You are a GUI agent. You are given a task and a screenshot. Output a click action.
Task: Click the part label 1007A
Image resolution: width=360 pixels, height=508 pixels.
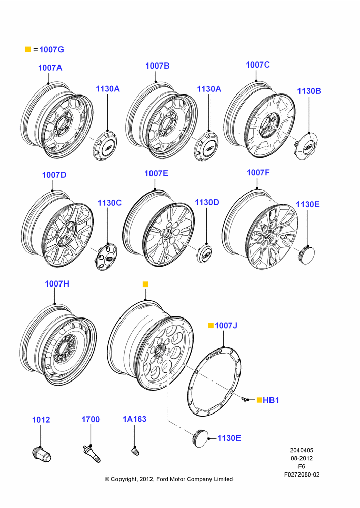tap(50, 68)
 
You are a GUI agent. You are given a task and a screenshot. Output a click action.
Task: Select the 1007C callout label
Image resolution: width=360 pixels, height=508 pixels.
tap(257, 65)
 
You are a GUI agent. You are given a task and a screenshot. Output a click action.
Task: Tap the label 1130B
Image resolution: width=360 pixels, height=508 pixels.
tap(309, 91)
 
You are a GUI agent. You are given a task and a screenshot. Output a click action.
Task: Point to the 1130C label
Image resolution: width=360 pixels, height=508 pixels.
tap(110, 203)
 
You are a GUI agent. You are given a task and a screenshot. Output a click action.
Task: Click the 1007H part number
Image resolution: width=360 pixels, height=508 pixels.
tap(57, 284)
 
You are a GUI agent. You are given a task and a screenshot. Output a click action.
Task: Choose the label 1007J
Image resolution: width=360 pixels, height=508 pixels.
tap(226, 325)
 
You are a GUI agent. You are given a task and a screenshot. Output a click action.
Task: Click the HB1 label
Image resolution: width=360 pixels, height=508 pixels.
tap(271, 400)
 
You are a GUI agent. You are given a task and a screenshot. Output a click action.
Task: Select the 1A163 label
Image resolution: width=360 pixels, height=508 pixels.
tap(134, 419)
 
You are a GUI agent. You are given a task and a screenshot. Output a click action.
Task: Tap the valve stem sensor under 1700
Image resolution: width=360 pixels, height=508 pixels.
tap(92, 453)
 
